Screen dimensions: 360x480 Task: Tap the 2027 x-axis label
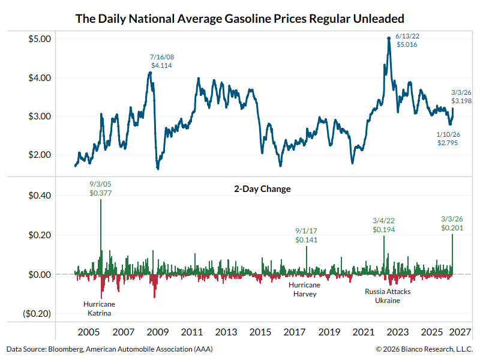(462, 332)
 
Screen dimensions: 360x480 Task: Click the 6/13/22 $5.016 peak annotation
(407, 40)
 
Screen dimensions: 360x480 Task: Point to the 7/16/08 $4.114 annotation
(162, 61)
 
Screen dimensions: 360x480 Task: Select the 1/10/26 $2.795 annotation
(449, 139)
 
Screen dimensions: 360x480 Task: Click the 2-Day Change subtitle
(262, 189)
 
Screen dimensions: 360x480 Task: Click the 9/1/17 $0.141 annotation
(306, 235)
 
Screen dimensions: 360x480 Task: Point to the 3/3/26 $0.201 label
(452, 224)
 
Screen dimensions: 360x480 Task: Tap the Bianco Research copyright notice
(424, 349)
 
